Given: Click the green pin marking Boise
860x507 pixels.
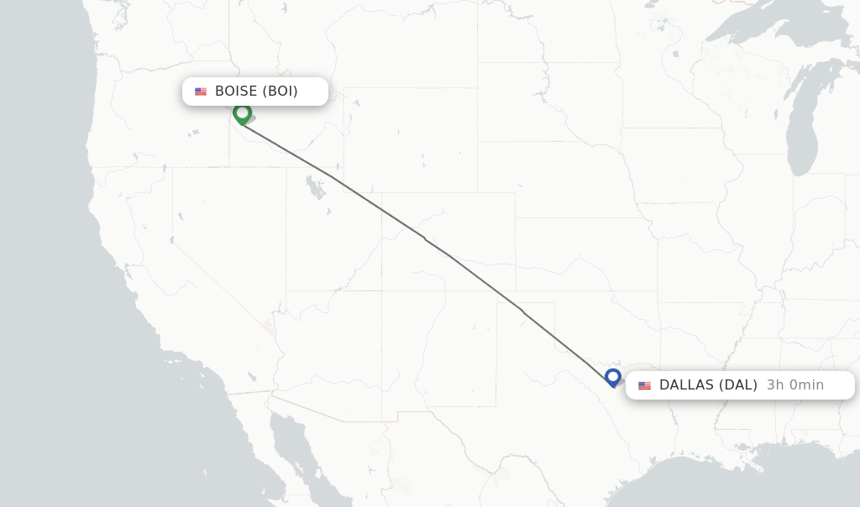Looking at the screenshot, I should tap(243, 113).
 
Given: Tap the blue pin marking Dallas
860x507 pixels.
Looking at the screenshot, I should tap(613, 378).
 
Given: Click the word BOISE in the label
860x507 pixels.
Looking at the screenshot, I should tap(236, 91).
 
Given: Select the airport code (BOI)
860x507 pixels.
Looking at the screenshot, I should tap(280, 91).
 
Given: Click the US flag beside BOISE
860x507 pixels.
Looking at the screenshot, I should tap(201, 91).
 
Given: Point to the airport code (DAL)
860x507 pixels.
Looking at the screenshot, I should tap(737, 385).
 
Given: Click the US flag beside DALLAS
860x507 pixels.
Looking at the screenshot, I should tap(644, 385).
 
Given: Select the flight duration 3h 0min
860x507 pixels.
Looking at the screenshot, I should tap(794, 385).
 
